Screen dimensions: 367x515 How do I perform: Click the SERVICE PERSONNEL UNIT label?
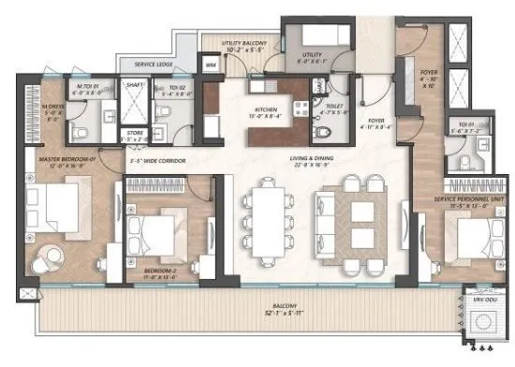[465, 200]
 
